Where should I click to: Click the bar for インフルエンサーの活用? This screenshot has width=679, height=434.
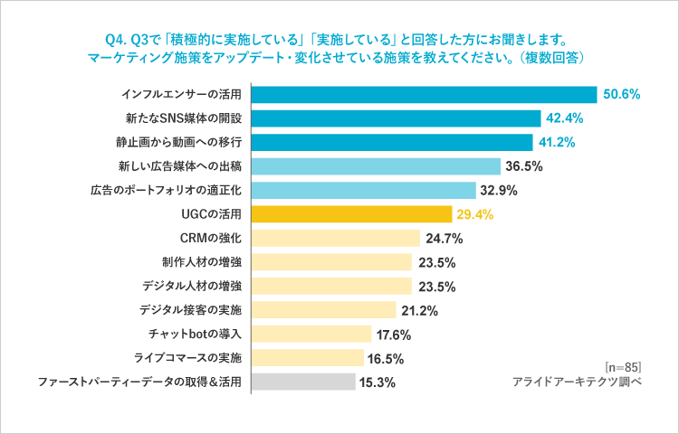tap(423, 95)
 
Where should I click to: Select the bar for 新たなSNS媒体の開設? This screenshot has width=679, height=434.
tap(395, 118)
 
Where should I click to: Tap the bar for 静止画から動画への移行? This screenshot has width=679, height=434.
tap(391, 143)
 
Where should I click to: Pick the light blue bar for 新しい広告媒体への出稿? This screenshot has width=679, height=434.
tap(375, 166)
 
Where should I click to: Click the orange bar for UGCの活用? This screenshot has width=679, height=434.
tap(350, 214)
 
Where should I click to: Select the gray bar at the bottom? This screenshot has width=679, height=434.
tap(302, 382)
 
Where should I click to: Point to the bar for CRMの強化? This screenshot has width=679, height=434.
tap(335, 239)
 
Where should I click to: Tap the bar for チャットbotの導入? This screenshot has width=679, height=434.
tap(311, 334)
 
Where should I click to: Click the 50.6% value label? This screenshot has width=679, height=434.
tap(622, 95)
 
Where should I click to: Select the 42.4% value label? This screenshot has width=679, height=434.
tap(565, 118)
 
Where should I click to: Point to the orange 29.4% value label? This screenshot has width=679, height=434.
tap(475, 214)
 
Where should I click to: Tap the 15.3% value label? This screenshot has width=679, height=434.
tap(378, 382)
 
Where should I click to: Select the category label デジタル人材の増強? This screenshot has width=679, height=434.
tap(191, 286)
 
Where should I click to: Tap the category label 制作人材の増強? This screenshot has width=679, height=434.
tap(201, 262)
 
